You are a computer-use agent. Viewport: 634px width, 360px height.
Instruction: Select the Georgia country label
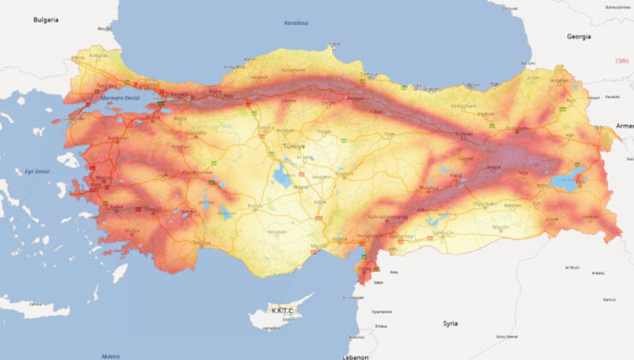pyautogui.click(x=579, y=37)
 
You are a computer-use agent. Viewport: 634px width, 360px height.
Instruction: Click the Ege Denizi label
pyautogui.click(x=39, y=171)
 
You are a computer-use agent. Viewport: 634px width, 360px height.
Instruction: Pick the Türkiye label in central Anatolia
pyautogui.click(x=294, y=147)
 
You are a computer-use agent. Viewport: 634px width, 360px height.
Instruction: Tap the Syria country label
pyautogui.click(x=450, y=323)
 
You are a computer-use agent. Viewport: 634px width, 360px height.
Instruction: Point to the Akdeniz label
pyautogui.click(x=111, y=355)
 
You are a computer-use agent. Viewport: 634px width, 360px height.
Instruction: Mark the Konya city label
pyautogui.click(x=255, y=207)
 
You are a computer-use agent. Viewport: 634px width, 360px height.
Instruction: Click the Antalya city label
pyautogui.click(x=201, y=243)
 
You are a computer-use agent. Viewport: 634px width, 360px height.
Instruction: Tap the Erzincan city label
pyautogui.click(x=464, y=134)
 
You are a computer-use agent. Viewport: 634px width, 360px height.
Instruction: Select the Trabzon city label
pyautogui.click(x=471, y=85)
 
